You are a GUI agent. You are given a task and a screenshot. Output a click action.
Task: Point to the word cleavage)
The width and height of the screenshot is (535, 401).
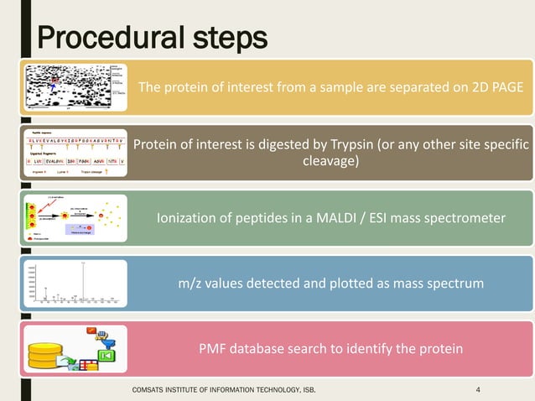click(x=330, y=161)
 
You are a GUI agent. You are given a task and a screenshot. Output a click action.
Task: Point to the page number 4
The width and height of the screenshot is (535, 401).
click(x=477, y=388)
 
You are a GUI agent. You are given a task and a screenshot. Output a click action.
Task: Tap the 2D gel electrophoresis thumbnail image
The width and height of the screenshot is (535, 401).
click(x=76, y=88)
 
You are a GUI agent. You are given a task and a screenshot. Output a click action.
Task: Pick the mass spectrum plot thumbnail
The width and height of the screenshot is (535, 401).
click(x=76, y=284)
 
